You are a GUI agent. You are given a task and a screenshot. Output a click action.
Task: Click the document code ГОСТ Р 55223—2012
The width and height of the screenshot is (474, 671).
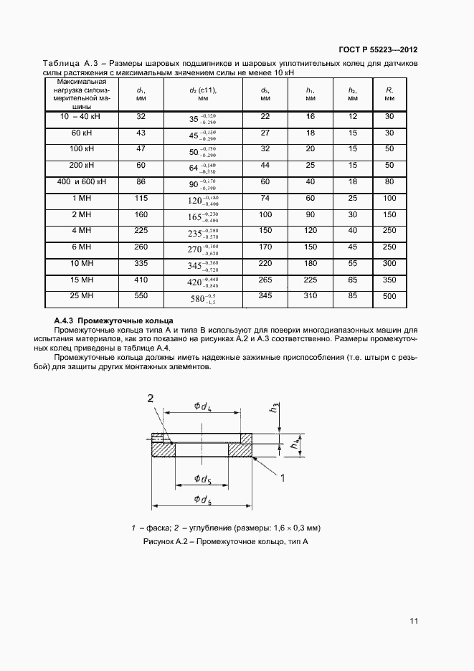point(377,50)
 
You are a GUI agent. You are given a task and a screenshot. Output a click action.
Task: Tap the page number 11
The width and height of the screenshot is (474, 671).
point(414,620)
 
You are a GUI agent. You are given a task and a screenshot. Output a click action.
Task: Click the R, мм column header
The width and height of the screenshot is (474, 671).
point(389,95)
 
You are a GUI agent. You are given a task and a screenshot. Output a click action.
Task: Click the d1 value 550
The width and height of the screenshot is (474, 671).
point(141,295)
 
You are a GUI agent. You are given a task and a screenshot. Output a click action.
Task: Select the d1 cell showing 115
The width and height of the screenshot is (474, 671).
point(141,198)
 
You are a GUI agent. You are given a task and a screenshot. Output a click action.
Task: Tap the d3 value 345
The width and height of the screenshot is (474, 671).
point(265,295)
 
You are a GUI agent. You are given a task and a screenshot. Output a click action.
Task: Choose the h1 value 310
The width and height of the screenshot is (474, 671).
point(311,295)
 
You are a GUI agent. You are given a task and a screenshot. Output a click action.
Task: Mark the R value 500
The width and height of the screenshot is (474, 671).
point(389,295)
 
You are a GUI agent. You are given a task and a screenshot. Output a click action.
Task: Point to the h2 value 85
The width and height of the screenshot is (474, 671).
point(353,295)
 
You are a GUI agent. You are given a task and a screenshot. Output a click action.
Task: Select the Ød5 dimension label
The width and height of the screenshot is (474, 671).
point(202,478)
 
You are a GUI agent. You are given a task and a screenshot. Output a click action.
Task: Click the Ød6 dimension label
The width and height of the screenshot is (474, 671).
point(202,499)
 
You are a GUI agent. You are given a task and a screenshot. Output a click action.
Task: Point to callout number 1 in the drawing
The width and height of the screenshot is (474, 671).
point(283,477)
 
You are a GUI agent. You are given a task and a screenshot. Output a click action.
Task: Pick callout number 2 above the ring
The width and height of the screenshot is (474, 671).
point(151,398)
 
